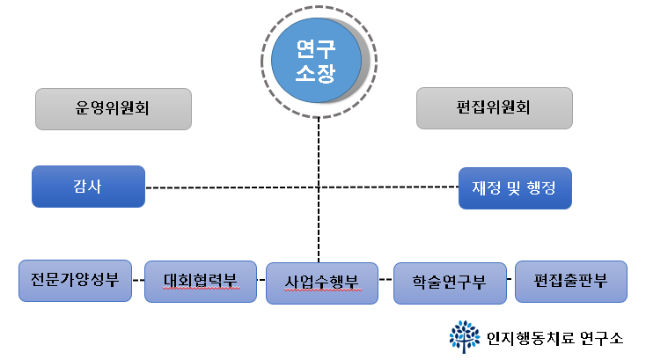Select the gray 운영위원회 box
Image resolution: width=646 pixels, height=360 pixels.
114,109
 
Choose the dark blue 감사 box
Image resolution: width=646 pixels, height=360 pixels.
88,187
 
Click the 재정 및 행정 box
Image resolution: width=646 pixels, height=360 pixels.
515,187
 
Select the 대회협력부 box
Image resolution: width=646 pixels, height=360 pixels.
200,282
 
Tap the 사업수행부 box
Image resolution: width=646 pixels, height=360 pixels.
321,283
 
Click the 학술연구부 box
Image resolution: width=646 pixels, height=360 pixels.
449,283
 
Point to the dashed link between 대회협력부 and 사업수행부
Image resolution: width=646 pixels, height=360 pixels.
261,280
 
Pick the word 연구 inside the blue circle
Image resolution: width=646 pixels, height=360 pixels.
316,46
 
